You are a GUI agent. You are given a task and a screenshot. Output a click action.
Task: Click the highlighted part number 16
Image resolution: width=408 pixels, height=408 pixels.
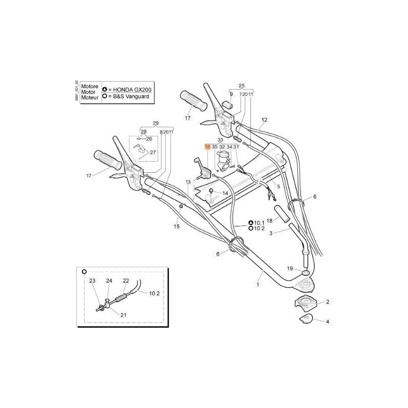[207, 146]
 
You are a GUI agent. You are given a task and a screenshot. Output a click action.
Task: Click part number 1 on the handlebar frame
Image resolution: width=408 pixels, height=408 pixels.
[258, 285]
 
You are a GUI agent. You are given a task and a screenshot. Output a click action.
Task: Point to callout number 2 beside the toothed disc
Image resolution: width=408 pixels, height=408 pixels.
[327, 302]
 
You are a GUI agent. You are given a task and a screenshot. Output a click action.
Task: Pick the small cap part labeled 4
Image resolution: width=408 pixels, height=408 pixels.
[306, 320]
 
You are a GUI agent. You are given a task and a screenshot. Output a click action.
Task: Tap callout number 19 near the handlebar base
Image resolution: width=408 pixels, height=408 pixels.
[290, 268]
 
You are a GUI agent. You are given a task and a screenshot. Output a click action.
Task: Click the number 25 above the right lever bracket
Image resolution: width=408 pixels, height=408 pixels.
[242, 85]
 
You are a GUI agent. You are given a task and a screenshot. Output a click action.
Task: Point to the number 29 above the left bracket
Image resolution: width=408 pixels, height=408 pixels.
[156, 123]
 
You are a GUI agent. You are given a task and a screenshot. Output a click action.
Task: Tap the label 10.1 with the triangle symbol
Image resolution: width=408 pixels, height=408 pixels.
[259, 223]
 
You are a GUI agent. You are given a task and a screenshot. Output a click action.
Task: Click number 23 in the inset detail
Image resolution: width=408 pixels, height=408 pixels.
[92, 280]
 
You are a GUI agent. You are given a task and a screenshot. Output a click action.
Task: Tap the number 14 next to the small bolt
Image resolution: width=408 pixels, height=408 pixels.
[224, 193]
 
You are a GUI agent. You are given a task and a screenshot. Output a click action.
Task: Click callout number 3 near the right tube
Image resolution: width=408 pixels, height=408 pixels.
[271, 233]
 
